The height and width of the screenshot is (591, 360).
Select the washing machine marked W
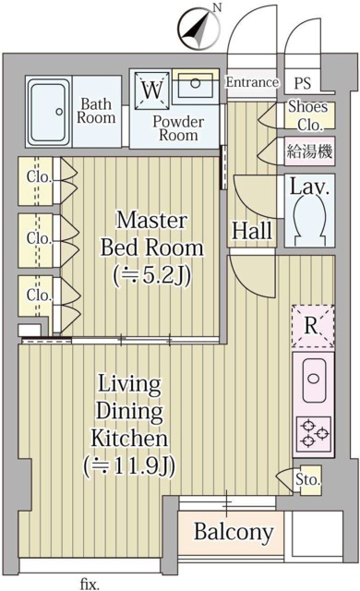(x=150, y=91)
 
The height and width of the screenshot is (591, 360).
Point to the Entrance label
(x=252, y=82)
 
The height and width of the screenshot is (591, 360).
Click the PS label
(x=302, y=82)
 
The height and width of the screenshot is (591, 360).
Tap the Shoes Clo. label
(x=307, y=115)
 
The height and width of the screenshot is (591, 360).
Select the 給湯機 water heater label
(x=306, y=151)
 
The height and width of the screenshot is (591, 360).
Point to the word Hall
(x=250, y=228)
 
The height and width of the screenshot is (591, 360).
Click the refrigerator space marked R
(x=311, y=325)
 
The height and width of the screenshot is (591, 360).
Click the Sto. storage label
(x=307, y=480)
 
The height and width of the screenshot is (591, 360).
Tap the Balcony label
(x=234, y=532)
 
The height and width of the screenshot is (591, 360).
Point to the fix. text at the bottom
(x=89, y=583)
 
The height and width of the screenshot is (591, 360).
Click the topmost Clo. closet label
(x=38, y=175)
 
